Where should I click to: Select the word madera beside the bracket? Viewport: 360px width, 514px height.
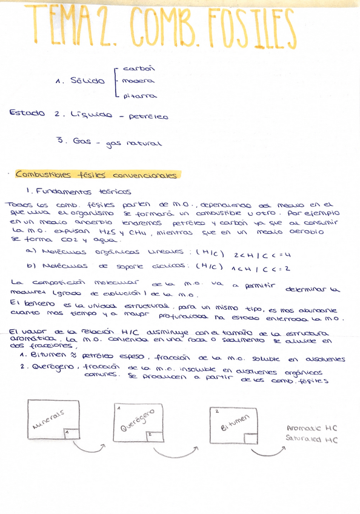tap(138, 81)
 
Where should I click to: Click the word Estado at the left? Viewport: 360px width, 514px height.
tap(28, 113)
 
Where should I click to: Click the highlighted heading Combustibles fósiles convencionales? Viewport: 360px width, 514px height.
tap(97, 175)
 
